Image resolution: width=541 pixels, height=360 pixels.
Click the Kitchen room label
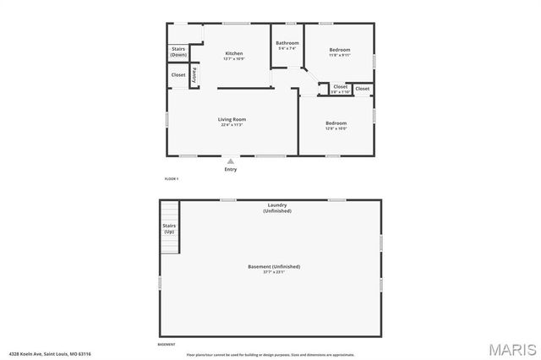(x=233, y=53)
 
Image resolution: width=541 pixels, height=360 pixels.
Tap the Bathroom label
(x=287, y=42)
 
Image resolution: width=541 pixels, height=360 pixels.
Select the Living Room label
(x=232, y=119)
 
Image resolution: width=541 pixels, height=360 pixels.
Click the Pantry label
(x=195, y=74)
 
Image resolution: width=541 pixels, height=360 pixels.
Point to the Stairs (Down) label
(x=178, y=52)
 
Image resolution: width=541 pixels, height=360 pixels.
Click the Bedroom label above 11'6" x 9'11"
(x=339, y=50)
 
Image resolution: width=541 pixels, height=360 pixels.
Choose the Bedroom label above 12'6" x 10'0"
(x=336, y=123)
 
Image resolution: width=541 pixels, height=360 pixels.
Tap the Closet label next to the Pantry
(x=178, y=75)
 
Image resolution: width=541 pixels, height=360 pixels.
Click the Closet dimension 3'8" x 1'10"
(x=340, y=91)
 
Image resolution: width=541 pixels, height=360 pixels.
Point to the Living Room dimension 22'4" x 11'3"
(x=232, y=125)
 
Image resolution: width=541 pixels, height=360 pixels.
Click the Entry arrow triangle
(x=231, y=161)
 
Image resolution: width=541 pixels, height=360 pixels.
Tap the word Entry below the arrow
(x=231, y=169)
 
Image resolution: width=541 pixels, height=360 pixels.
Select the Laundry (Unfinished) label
(x=277, y=207)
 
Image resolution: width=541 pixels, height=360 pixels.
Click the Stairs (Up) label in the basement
(x=169, y=228)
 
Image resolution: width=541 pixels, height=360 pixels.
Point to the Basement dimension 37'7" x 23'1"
(x=274, y=272)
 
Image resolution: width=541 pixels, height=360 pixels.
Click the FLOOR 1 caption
(x=171, y=179)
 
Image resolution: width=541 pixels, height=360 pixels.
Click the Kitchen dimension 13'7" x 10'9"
(x=233, y=59)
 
